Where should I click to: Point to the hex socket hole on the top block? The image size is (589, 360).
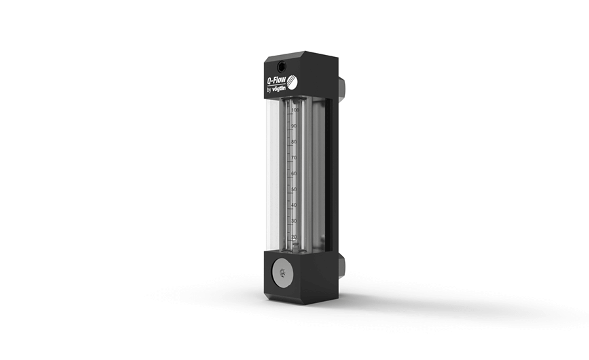[x=280, y=66]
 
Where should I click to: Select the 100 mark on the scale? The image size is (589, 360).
[x=295, y=111]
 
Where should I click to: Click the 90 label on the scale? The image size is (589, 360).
[x=294, y=126]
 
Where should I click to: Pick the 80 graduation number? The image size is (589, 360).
[x=294, y=142]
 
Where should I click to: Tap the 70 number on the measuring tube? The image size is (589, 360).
[x=294, y=158]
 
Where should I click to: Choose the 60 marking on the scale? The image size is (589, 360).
[x=294, y=173]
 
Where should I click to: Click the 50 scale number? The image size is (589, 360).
[x=294, y=189]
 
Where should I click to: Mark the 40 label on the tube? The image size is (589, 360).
[x=294, y=205]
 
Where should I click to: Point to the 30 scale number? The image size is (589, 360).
[x=294, y=221]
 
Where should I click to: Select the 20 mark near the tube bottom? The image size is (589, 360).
[x=294, y=236]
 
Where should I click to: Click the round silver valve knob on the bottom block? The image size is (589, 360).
[x=282, y=269]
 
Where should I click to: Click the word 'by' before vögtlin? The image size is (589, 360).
[x=269, y=90]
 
